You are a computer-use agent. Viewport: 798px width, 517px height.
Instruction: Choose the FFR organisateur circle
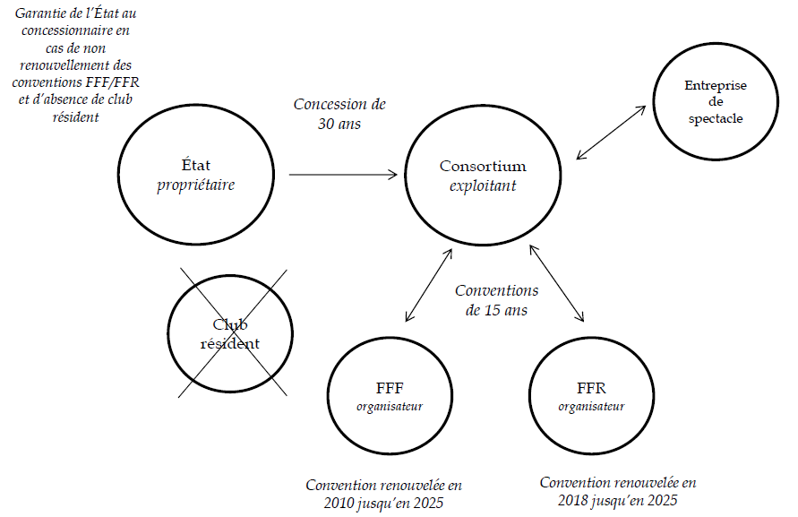pos(591,394)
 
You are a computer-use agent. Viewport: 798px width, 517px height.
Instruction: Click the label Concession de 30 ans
pos(339,114)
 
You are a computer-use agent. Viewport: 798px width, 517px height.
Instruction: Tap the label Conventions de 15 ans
pos(496,301)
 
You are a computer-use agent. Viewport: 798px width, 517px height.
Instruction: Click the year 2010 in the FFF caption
pos(340,504)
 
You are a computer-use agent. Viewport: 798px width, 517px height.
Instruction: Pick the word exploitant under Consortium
pos(484,185)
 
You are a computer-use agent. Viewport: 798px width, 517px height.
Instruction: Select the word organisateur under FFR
pos(591,406)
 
